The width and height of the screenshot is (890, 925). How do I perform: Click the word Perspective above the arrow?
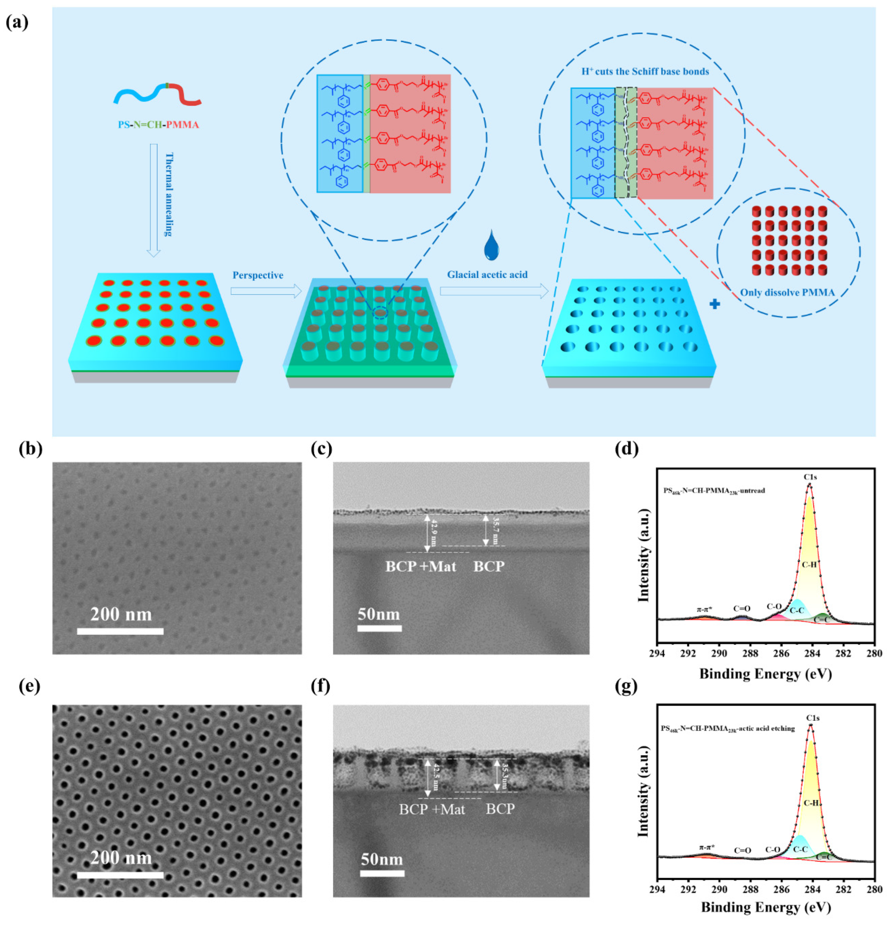(x=258, y=275)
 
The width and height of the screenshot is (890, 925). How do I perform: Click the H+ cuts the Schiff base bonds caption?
(x=645, y=72)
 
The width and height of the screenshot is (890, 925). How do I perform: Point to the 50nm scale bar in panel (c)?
(x=379, y=628)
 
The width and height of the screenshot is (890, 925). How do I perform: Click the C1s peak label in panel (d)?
(x=810, y=477)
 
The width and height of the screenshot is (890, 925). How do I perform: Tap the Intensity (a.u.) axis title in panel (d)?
(x=644, y=555)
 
